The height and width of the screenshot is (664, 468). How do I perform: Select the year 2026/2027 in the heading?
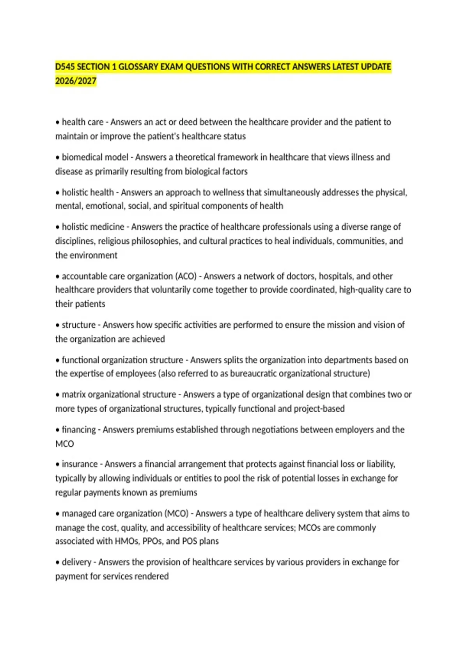tap(76, 81)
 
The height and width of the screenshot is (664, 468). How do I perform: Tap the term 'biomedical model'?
tap(95, 157)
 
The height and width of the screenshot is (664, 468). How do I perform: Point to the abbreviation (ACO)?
tap(186, 276)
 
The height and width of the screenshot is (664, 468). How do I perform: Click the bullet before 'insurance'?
tap(58, 464)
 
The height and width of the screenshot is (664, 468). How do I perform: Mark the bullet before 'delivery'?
tap(58, 562)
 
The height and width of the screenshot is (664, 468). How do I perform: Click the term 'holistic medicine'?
tap(93, 227)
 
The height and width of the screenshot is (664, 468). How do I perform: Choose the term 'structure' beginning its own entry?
tap(79, 325)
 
